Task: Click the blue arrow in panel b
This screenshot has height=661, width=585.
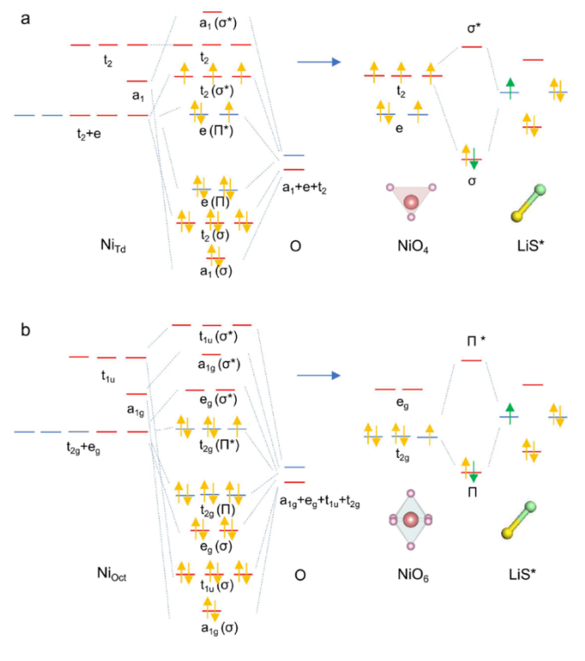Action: [x=318, y=375]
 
